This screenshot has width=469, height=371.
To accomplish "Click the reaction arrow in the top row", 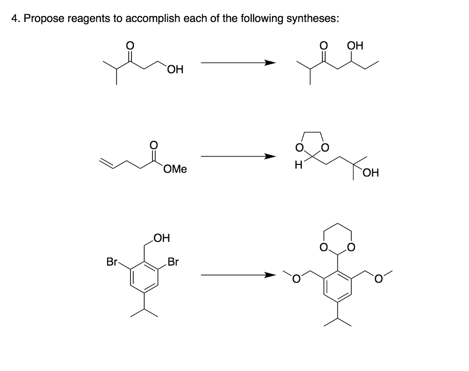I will click(238, 63).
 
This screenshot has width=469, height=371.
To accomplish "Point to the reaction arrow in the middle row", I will click(238, 157).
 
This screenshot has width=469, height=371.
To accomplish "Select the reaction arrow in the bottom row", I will click(238, 275).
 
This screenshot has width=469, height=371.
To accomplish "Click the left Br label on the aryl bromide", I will click(112, 262).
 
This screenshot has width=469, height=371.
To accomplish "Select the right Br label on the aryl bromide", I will click(173, 262).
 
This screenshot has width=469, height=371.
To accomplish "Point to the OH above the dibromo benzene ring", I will click(161, 238).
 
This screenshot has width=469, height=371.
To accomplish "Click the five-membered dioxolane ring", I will click(312, 143).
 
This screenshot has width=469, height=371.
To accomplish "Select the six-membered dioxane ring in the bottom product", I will click(338, 239).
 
